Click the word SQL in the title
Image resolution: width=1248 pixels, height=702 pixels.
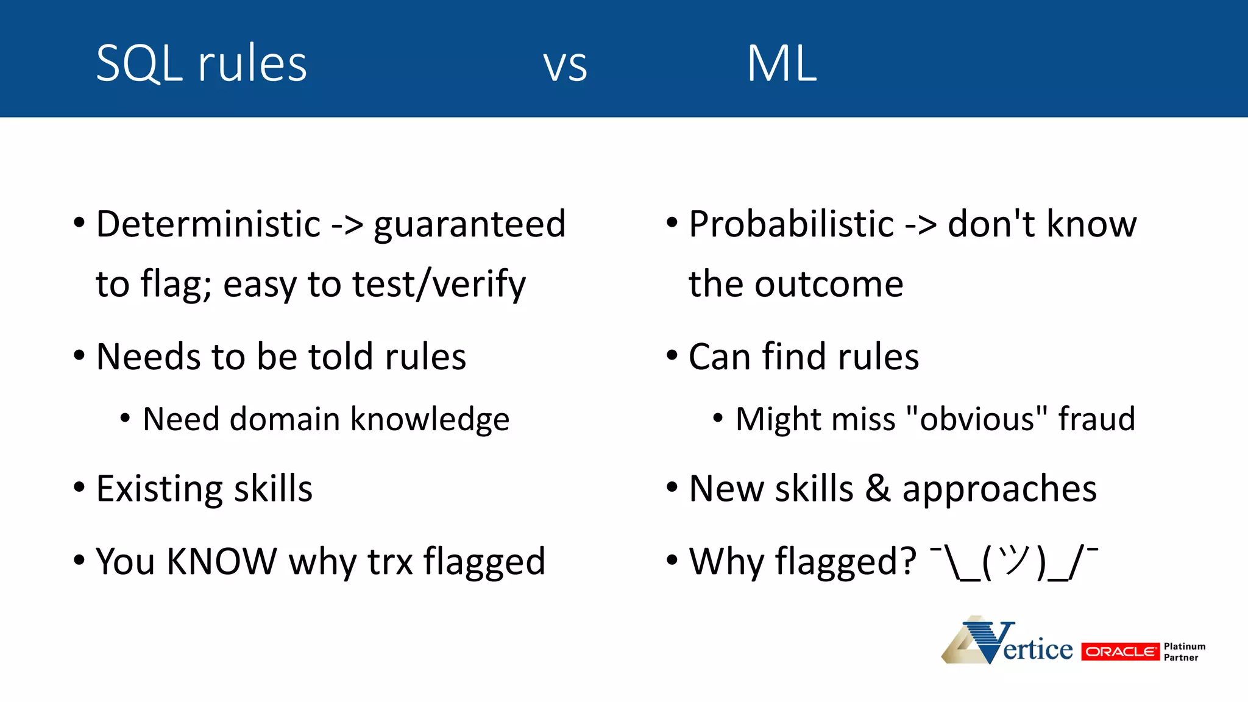click(140, 63)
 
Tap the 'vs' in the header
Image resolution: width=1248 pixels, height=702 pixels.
click(565, 66)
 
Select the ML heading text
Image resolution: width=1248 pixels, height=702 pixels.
click(782, 63)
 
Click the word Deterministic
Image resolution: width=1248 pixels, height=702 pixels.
click(208, 224)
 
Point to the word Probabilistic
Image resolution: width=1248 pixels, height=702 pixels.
click(792, 224)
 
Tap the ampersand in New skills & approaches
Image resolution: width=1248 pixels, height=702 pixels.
click(877, 489)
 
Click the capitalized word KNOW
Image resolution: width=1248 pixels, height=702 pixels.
click(222, 561)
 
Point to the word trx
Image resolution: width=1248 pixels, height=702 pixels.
click(390, 561)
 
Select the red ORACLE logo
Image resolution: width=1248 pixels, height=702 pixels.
click(1120, 651)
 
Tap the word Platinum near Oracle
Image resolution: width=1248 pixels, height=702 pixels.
click(1184, 646)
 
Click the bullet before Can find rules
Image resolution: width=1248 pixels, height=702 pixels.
click(672, 355)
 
